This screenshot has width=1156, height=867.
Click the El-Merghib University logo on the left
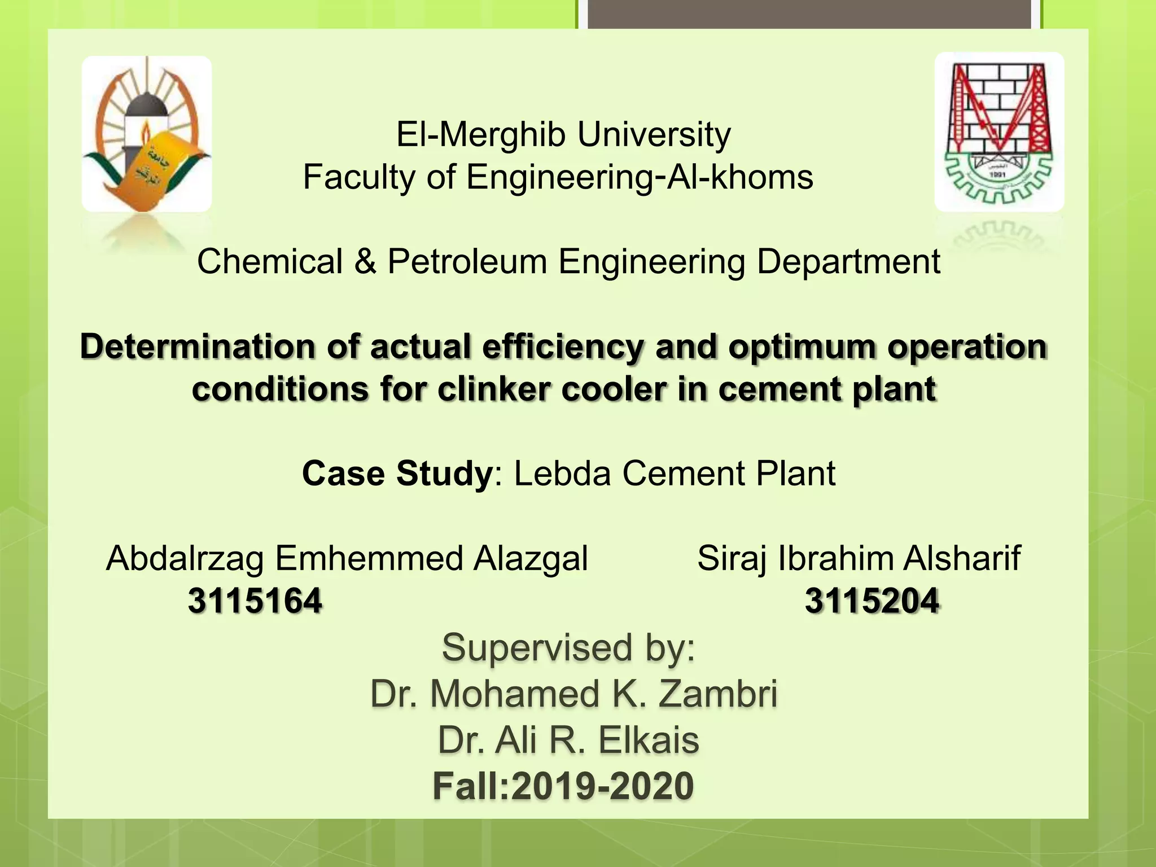[146, 134]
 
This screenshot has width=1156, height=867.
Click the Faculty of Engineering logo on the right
[999, 132]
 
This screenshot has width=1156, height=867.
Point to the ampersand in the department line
[365, 262]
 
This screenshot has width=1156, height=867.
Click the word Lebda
[562, 473]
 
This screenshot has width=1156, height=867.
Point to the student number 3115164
[255, 601]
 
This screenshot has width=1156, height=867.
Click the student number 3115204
[872, 601]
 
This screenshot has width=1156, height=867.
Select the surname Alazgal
[531, 558]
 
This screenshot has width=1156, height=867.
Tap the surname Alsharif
[962, 558]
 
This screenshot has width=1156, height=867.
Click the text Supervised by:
[568, 647]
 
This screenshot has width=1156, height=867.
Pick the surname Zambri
[718, 694]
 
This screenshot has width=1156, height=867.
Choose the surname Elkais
[649, 740]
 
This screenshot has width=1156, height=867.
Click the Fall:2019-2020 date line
[563, 786]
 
